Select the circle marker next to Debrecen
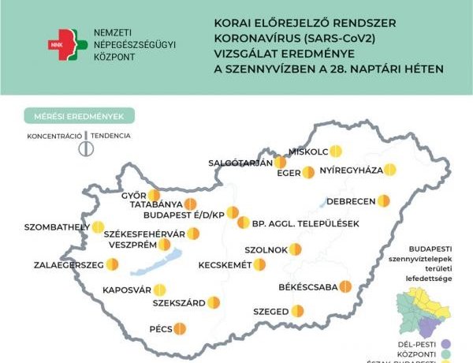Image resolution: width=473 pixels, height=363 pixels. (x=383, y=200)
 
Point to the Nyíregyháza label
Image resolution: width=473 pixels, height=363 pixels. (x=351, y=170)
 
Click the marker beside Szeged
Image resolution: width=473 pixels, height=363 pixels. (x=297, y=311)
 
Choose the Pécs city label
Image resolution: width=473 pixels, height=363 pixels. (x=160, y=328)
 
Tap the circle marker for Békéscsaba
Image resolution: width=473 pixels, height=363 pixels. (x=345, y=286)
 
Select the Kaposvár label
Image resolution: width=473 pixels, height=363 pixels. (x=126, y=290)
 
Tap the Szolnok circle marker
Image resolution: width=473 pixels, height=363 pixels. (x=294, y=249)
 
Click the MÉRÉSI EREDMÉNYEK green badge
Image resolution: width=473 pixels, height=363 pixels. (x=79, y=117)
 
